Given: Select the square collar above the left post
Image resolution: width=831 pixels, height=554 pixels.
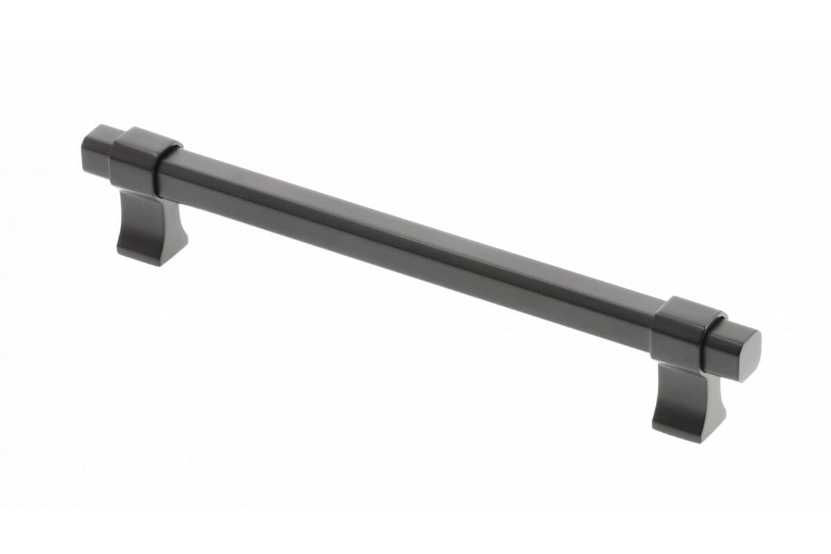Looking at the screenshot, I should coord(138,163).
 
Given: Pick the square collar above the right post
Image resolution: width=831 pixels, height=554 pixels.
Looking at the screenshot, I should coord(683,333).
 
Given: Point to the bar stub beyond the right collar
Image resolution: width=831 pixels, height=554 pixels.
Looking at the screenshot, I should coord(734,353).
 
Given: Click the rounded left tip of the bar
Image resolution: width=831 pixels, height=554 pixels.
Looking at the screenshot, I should coord(84,146).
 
